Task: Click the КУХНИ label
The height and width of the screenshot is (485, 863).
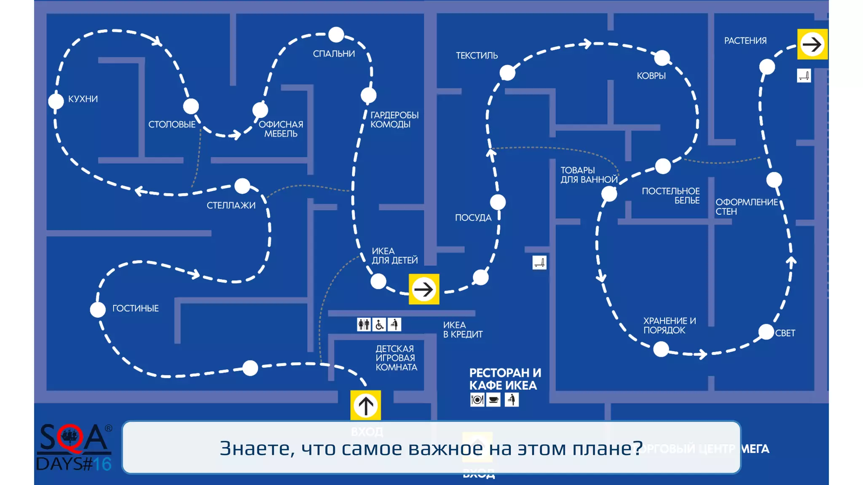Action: tap(83, 99)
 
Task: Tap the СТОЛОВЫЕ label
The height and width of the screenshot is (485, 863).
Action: tap(172, 125)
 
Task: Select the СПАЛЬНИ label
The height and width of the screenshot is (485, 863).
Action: tap(334, 54)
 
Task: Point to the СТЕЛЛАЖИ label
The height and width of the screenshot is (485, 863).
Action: tap(231, 205)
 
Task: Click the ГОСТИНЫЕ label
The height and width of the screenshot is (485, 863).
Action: tap(135, 309)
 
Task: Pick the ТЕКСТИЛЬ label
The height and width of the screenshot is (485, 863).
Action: tap(477, 56)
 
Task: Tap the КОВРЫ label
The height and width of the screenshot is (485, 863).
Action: tap(651, 76)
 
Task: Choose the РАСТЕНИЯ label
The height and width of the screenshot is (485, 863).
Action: tap(745, 41)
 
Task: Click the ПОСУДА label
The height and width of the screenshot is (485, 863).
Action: tap(473, 218)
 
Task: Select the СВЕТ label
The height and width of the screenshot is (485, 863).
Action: tap(785, 333)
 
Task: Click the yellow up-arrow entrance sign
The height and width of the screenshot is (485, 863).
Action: tap(365, 405)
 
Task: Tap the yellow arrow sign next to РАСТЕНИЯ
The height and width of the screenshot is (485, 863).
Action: tap(812, 44)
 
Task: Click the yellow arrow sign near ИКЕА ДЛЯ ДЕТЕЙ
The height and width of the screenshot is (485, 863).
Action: tap(423, 289)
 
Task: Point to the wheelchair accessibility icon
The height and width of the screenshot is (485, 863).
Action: tap(379, 325)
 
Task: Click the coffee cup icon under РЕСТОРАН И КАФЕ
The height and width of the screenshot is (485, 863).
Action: tap(493, 400)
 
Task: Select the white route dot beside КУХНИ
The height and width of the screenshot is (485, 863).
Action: tap(56, 101)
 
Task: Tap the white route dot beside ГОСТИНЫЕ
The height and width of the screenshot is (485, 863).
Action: tap(98, 309)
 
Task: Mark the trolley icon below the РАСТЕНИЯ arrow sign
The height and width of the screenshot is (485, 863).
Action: tap(804, 76)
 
